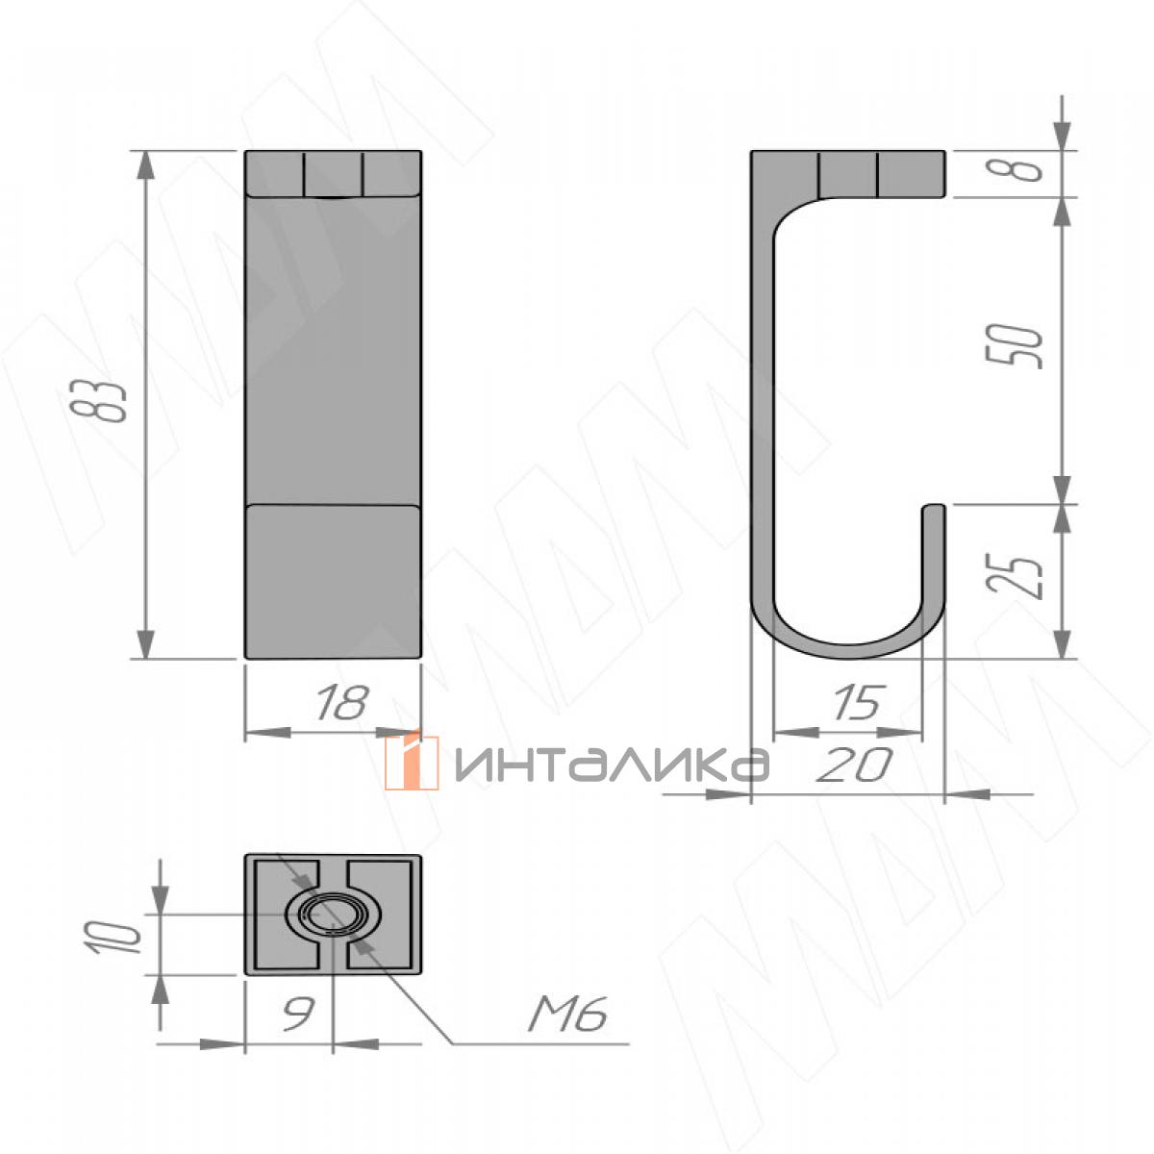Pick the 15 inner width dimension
point(858,701)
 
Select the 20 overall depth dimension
point(854,765)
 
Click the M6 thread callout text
point(567,1015)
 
